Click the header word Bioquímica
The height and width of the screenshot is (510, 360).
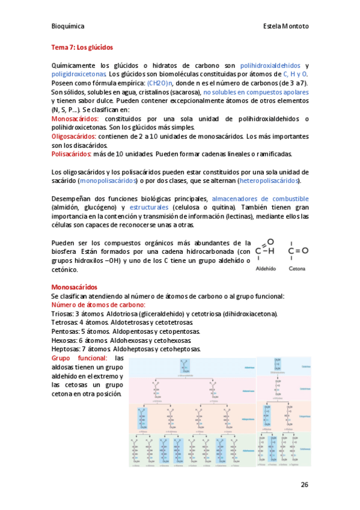point(67,26)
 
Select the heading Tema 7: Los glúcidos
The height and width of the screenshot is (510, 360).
point(82,46)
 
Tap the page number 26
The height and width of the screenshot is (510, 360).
point(304,484)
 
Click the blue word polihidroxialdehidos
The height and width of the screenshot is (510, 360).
point(270,65)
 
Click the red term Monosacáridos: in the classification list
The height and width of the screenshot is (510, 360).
point(75,119)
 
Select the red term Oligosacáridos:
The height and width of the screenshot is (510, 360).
point(74,137)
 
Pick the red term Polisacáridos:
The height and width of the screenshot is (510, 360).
point(72,154)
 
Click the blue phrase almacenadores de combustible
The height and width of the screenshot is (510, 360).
point(260,198)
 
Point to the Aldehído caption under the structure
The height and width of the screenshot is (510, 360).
point(265,269)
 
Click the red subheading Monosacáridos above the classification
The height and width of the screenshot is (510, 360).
point(75,287)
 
